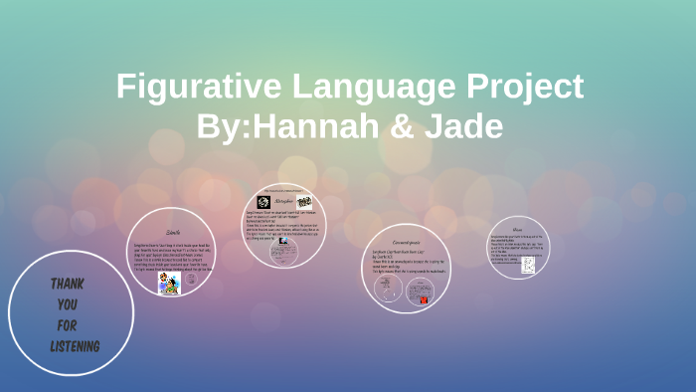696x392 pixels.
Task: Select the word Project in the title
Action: coord(519,87)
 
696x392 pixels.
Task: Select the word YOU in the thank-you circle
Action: coord(67,304)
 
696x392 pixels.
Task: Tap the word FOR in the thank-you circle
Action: coord(66,324)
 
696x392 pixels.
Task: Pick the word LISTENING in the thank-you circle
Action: coord(75,345)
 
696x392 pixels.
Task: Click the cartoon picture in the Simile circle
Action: coord(169,284)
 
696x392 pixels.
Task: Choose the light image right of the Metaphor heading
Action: coord(304,202)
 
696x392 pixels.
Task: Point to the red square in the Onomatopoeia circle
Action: coord(424,295)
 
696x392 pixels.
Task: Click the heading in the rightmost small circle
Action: coord(517,228)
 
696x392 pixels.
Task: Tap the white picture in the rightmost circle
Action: coord(528,265)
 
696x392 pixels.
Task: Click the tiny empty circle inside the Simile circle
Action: coord(140,282)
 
